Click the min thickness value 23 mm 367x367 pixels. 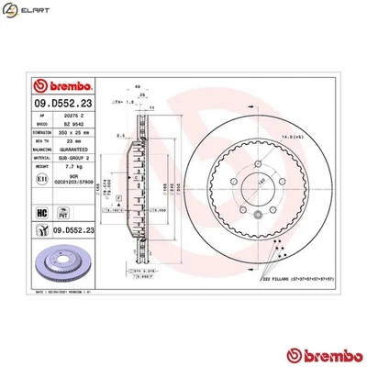67,140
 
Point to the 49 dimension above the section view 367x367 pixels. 138,87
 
